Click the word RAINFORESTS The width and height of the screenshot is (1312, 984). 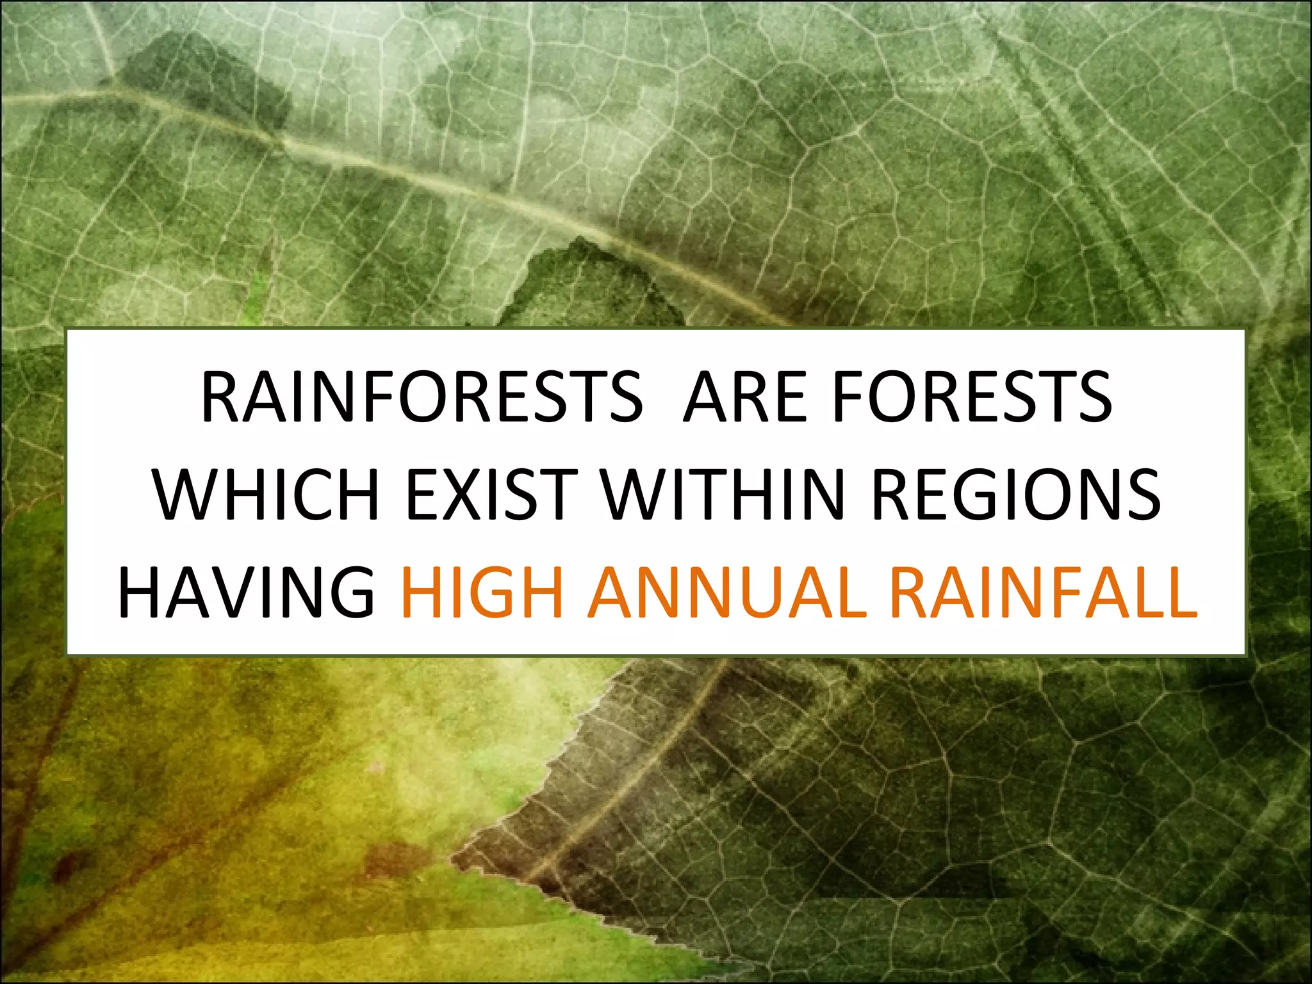coord(422,397)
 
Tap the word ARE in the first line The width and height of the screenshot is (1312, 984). coord(745,397)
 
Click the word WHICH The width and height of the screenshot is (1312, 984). coord(266,495)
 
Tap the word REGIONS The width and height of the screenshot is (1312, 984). coord(1016,495)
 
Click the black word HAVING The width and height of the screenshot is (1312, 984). coord(247,592)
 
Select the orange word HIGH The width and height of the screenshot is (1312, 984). coord(482,592)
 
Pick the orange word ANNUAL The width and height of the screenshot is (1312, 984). coord(728,592)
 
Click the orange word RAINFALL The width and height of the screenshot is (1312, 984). coord(1043,592)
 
